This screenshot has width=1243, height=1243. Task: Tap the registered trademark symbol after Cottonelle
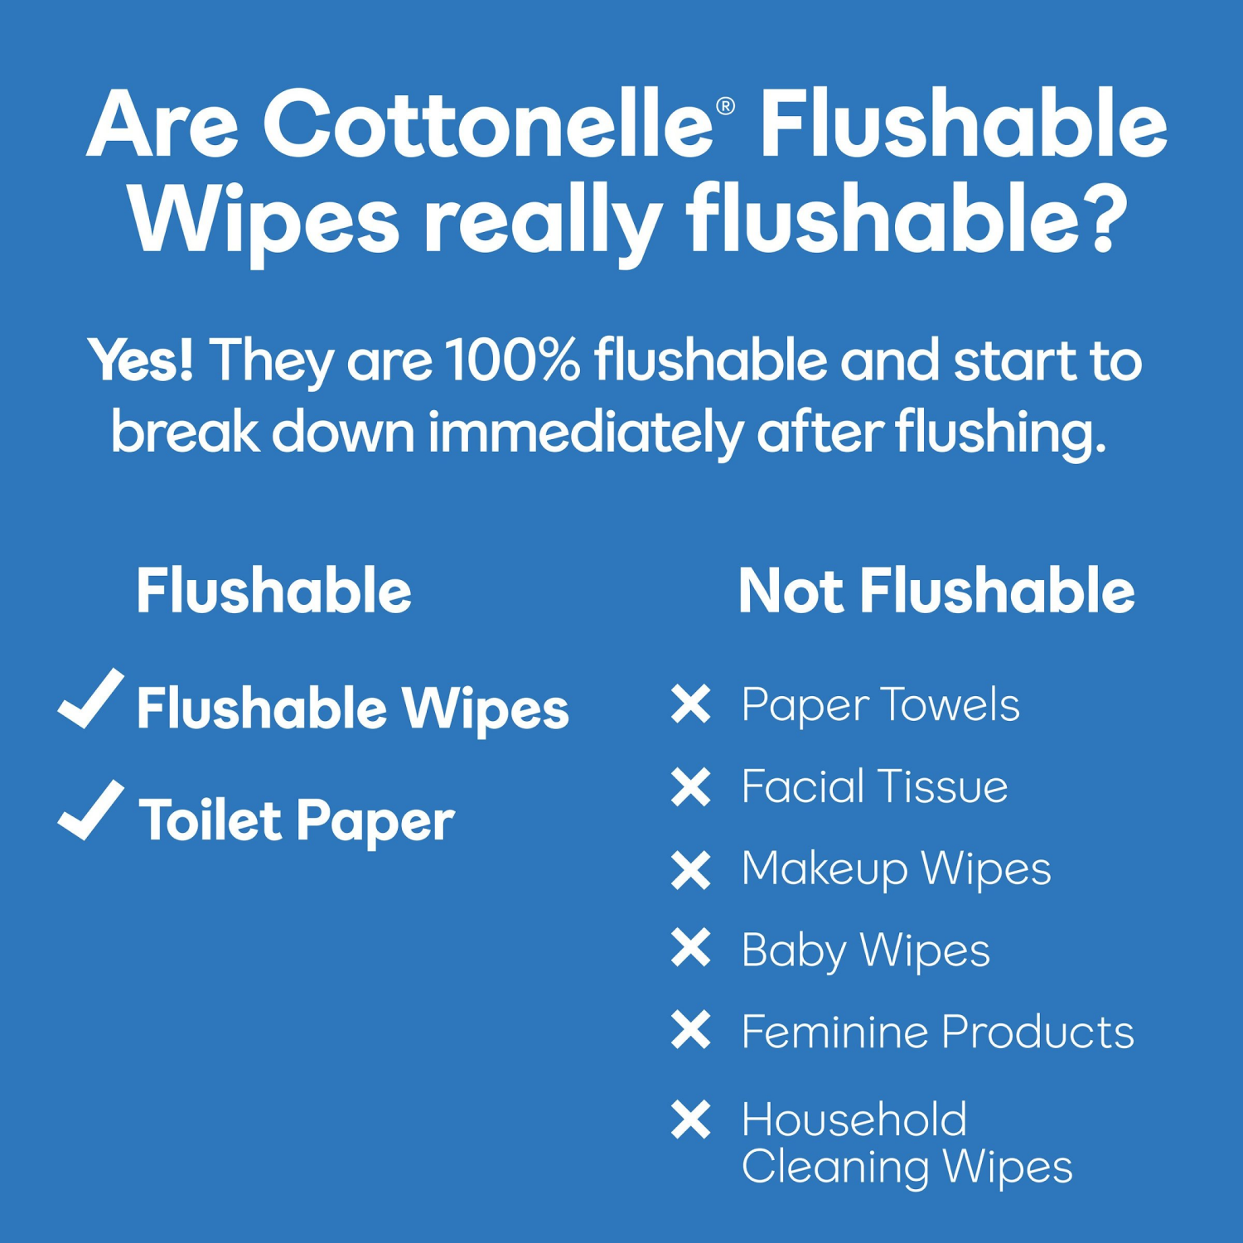(x=725, y=106)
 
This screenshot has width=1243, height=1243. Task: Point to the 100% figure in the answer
(x=512, y=360)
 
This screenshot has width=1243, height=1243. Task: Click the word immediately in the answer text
(x=585, y=433)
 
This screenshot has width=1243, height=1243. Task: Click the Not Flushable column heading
(x=936, y=592)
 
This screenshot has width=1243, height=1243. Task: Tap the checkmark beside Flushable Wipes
(x=91, y=699)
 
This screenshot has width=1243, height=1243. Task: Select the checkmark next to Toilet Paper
(x=91, y=811)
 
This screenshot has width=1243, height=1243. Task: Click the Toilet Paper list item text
(x=297, y=820)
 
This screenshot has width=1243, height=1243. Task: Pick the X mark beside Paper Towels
(x=691, y=704)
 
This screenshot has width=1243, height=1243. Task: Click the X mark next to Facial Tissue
(x=691, y=786)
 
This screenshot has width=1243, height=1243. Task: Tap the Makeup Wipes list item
(x=896, y=869)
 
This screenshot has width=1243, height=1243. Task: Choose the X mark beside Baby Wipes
(x=691, y=949)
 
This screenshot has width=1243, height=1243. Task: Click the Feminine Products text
(x=937, y=1033)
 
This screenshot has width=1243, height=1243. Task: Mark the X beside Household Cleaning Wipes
(x=691, y=1120)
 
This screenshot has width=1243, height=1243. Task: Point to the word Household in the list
(x=854, y=1120)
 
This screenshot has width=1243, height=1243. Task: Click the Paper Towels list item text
(x=880, y=706)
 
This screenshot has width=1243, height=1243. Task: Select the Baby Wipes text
(x=865, y=950)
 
